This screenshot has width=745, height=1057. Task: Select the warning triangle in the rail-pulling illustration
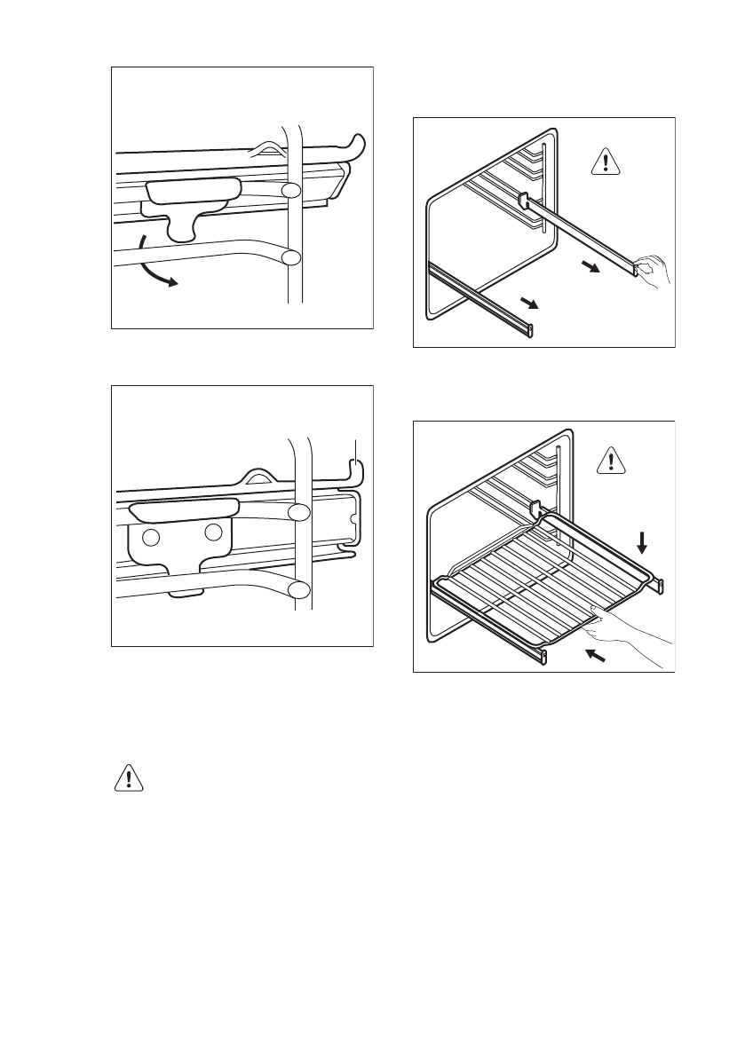[x=606, y=161]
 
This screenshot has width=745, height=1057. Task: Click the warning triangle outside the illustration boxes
[x=130, y=777]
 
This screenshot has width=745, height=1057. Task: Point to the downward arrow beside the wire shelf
[x=643, y=540]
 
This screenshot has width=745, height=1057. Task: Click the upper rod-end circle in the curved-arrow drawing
[x=291, y=191]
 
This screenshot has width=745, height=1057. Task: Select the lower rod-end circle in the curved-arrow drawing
[x=290, y=257]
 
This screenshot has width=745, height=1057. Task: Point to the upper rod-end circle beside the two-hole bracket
[x=299, y=512]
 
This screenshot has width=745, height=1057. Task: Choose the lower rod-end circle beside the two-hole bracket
[x=299, y=589]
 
